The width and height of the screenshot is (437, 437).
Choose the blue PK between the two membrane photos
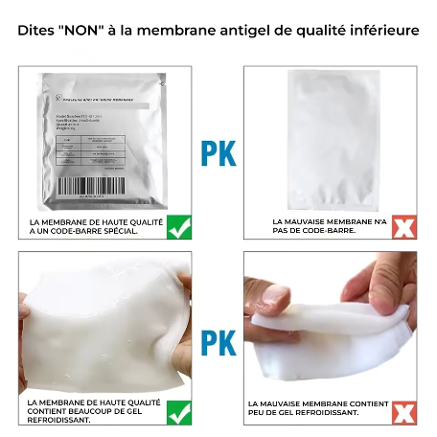pos(218,342)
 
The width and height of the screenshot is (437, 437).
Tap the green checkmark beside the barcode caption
pos(177,227)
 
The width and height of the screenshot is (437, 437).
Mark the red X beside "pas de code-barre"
pos(405,227)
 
